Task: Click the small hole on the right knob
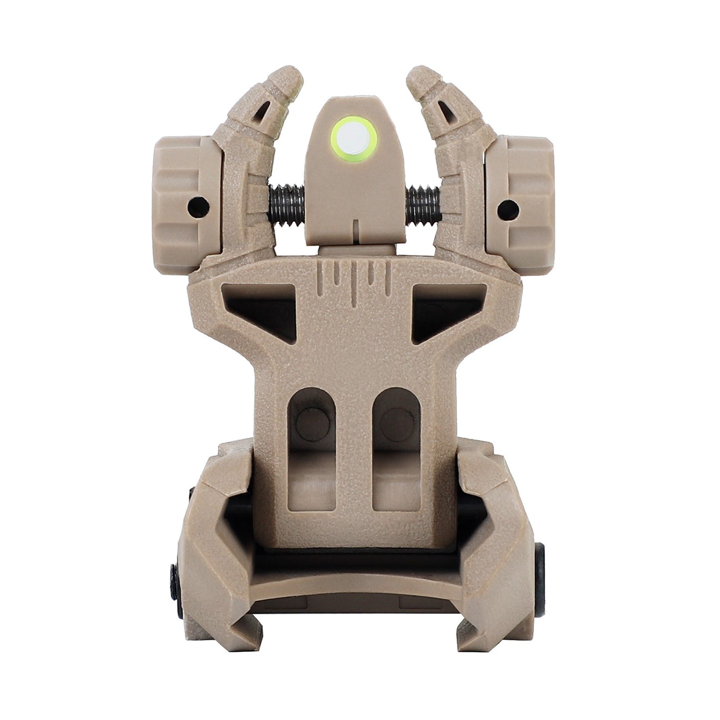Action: click(x=509, y=205)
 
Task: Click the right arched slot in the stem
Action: click(x=397, y=448)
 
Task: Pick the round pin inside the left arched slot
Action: click(x=312, y=424)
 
